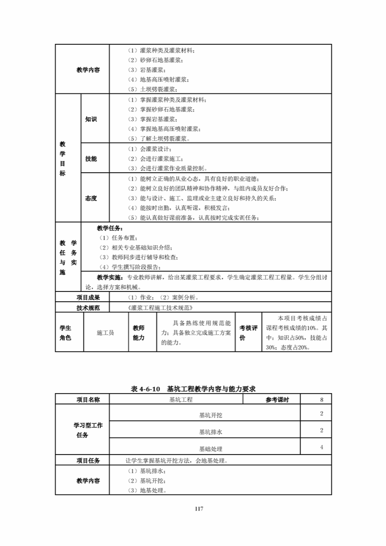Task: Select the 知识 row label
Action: pos(91,119)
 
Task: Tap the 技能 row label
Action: pos(91,159)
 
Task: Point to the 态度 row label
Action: pos(91,198)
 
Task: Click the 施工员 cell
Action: pos(105,332)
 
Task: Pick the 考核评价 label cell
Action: pos(249,332)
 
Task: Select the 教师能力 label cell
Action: pos(138,332)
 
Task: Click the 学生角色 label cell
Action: pos(65,332)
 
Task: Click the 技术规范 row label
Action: pos(88,308)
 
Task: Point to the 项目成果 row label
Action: pos(88,297)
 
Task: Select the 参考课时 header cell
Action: pos(277,400)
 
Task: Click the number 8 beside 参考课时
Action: pos(322,400)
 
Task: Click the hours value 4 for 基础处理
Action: pos(322,447)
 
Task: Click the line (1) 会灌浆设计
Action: pos(150,149)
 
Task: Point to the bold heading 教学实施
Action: pos(110,277)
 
